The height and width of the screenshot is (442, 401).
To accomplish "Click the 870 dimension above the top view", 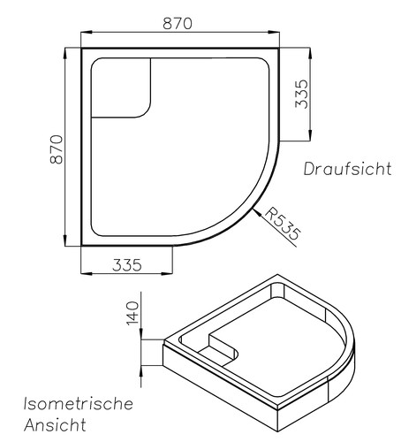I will point(177,24).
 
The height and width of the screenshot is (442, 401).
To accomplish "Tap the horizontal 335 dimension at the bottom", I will point(126,264).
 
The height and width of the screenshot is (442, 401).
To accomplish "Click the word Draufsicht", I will point(346,169).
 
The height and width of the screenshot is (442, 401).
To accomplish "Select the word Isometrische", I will point(78,404).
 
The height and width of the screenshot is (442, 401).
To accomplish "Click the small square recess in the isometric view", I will point(223,347).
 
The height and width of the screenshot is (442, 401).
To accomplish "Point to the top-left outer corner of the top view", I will point(81,49).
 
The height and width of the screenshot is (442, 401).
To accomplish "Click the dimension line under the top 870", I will point(177,34).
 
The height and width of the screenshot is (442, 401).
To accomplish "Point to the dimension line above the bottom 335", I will point(126,272).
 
